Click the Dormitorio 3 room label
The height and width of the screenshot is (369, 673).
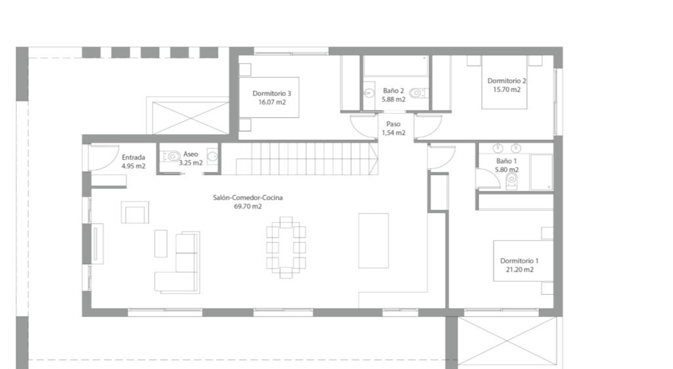click(x=271, y=93)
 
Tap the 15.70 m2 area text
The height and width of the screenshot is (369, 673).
click(x=507, y=89)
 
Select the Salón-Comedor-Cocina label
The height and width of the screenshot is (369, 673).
click(x=248, y=198)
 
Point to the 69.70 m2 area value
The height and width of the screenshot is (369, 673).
click(x=248, y=206)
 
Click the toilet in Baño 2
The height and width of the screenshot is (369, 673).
click(x=417, y=93)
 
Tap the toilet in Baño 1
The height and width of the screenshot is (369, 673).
click(x=511, y=181)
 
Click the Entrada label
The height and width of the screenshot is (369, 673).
click(x=133, y=158)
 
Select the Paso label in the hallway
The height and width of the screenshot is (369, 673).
click(x=393, y=124)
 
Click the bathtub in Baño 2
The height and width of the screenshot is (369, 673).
click(x=396, y=66)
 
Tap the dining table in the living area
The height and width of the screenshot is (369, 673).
click(x=286, y=248)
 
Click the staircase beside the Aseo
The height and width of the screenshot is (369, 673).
click(x=300, y=159)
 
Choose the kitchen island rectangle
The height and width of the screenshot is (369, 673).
click(x=373, y=240)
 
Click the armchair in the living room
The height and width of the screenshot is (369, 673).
click(x=135, y=212)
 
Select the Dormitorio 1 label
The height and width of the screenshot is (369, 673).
click(x=519, y=261)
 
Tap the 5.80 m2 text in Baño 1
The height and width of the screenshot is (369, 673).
click(x=507, y=169)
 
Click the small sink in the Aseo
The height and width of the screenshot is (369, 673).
click(x=212, y=156)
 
